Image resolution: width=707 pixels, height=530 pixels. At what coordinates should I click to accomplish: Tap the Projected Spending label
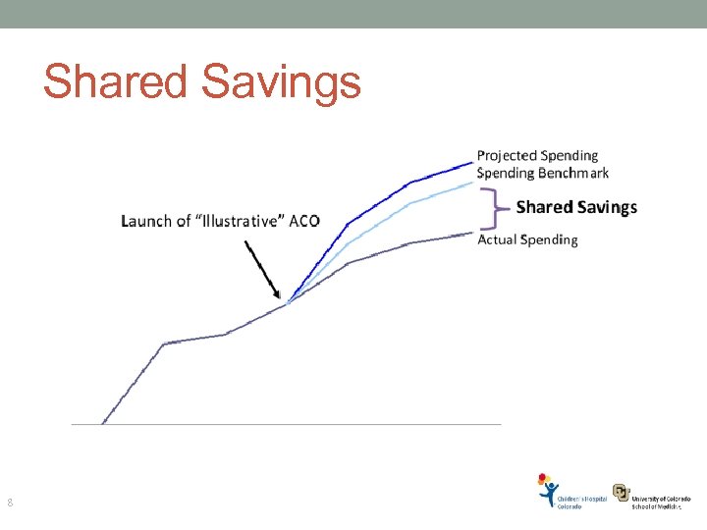pos(537,155)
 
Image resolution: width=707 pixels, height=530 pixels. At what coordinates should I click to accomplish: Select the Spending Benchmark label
pos(542,173)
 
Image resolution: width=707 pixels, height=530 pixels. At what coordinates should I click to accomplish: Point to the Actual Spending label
pos(527,239)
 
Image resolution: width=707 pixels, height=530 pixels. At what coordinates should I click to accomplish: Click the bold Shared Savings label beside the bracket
pos(576,207)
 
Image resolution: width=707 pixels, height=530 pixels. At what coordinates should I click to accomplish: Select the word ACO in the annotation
pos(304,221)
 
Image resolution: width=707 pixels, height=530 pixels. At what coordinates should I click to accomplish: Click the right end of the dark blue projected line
pos(472,162)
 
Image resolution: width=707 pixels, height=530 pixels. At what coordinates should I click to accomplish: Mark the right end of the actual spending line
pos(472,233)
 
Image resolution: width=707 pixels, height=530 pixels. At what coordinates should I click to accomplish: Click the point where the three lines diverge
pos(288,302)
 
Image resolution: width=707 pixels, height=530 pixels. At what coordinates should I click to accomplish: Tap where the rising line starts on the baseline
pos(102,423)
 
